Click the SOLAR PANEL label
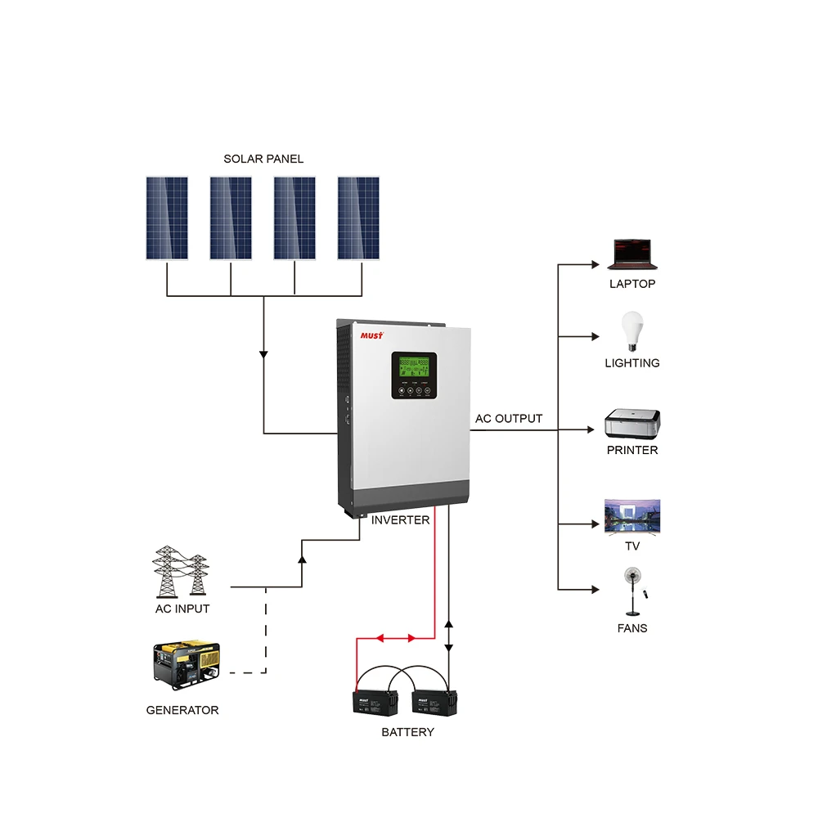(263, 159)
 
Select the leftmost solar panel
(167, 218)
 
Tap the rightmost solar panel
(358, 218)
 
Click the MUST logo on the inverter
(372, 335)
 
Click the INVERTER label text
(400, 520)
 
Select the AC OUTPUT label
(509, 419)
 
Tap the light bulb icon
(631, 331)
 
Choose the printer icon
(632, 423)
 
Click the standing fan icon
(632, 591)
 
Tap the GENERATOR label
(182, 710)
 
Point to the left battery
(375, 703)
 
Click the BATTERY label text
(407, 732)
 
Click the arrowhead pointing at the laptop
(595, 264)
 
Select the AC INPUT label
(182, 609)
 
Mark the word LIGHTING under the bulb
(632, 363)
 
